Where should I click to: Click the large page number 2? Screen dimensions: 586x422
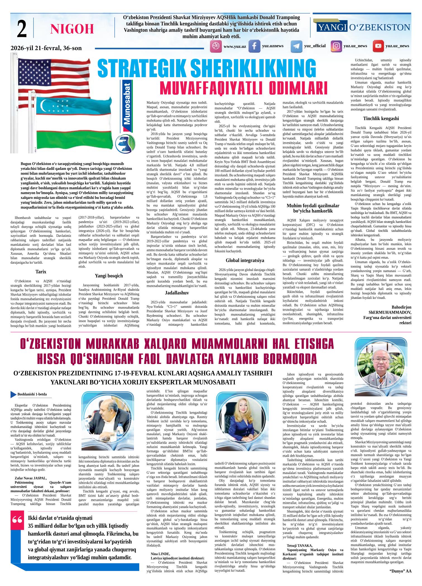(21, 28)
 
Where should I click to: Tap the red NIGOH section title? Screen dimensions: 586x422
(72, 29)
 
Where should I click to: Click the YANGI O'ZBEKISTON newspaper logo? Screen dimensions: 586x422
(363, 27)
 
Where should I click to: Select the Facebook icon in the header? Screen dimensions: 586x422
(254, 46)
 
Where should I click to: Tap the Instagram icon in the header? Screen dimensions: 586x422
(336, 46)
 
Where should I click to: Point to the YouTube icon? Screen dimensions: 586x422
(378, 46)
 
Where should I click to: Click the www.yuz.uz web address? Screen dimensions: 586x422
(234, 46)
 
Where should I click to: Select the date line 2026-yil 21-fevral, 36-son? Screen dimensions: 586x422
(46, 48)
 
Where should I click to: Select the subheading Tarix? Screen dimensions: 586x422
(41, 271)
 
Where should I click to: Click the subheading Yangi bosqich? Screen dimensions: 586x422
(109, 276)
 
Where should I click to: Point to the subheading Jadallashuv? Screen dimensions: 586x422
(177, 293)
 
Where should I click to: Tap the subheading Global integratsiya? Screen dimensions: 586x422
(245, 260)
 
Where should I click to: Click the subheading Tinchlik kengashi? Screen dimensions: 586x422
(381, 118)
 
